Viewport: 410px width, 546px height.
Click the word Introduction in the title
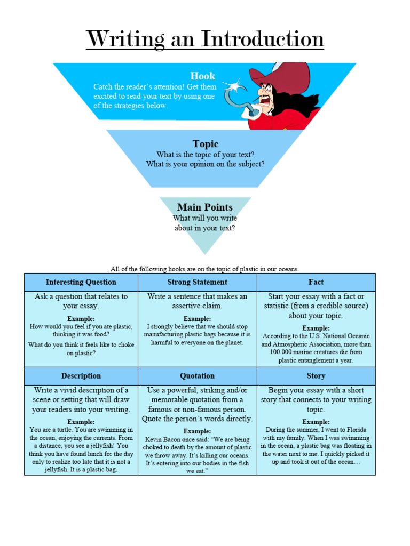[x=262, y=39]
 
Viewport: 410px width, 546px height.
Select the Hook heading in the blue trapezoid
[x=202, y=76]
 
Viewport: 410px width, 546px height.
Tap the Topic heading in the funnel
[x=206, y=144]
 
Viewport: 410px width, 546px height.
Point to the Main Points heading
[x=205, y=207]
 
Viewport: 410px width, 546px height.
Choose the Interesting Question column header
[x=81, y=282]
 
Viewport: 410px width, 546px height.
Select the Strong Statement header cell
[x=197, y=282]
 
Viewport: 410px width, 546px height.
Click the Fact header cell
[x=316, y=282]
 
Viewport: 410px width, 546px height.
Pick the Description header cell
[x=81, y=376]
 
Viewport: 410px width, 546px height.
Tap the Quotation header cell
[x=197, y=376]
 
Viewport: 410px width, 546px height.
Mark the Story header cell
[x=316, y=376]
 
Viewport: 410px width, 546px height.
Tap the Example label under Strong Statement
[x=197, y=318]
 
